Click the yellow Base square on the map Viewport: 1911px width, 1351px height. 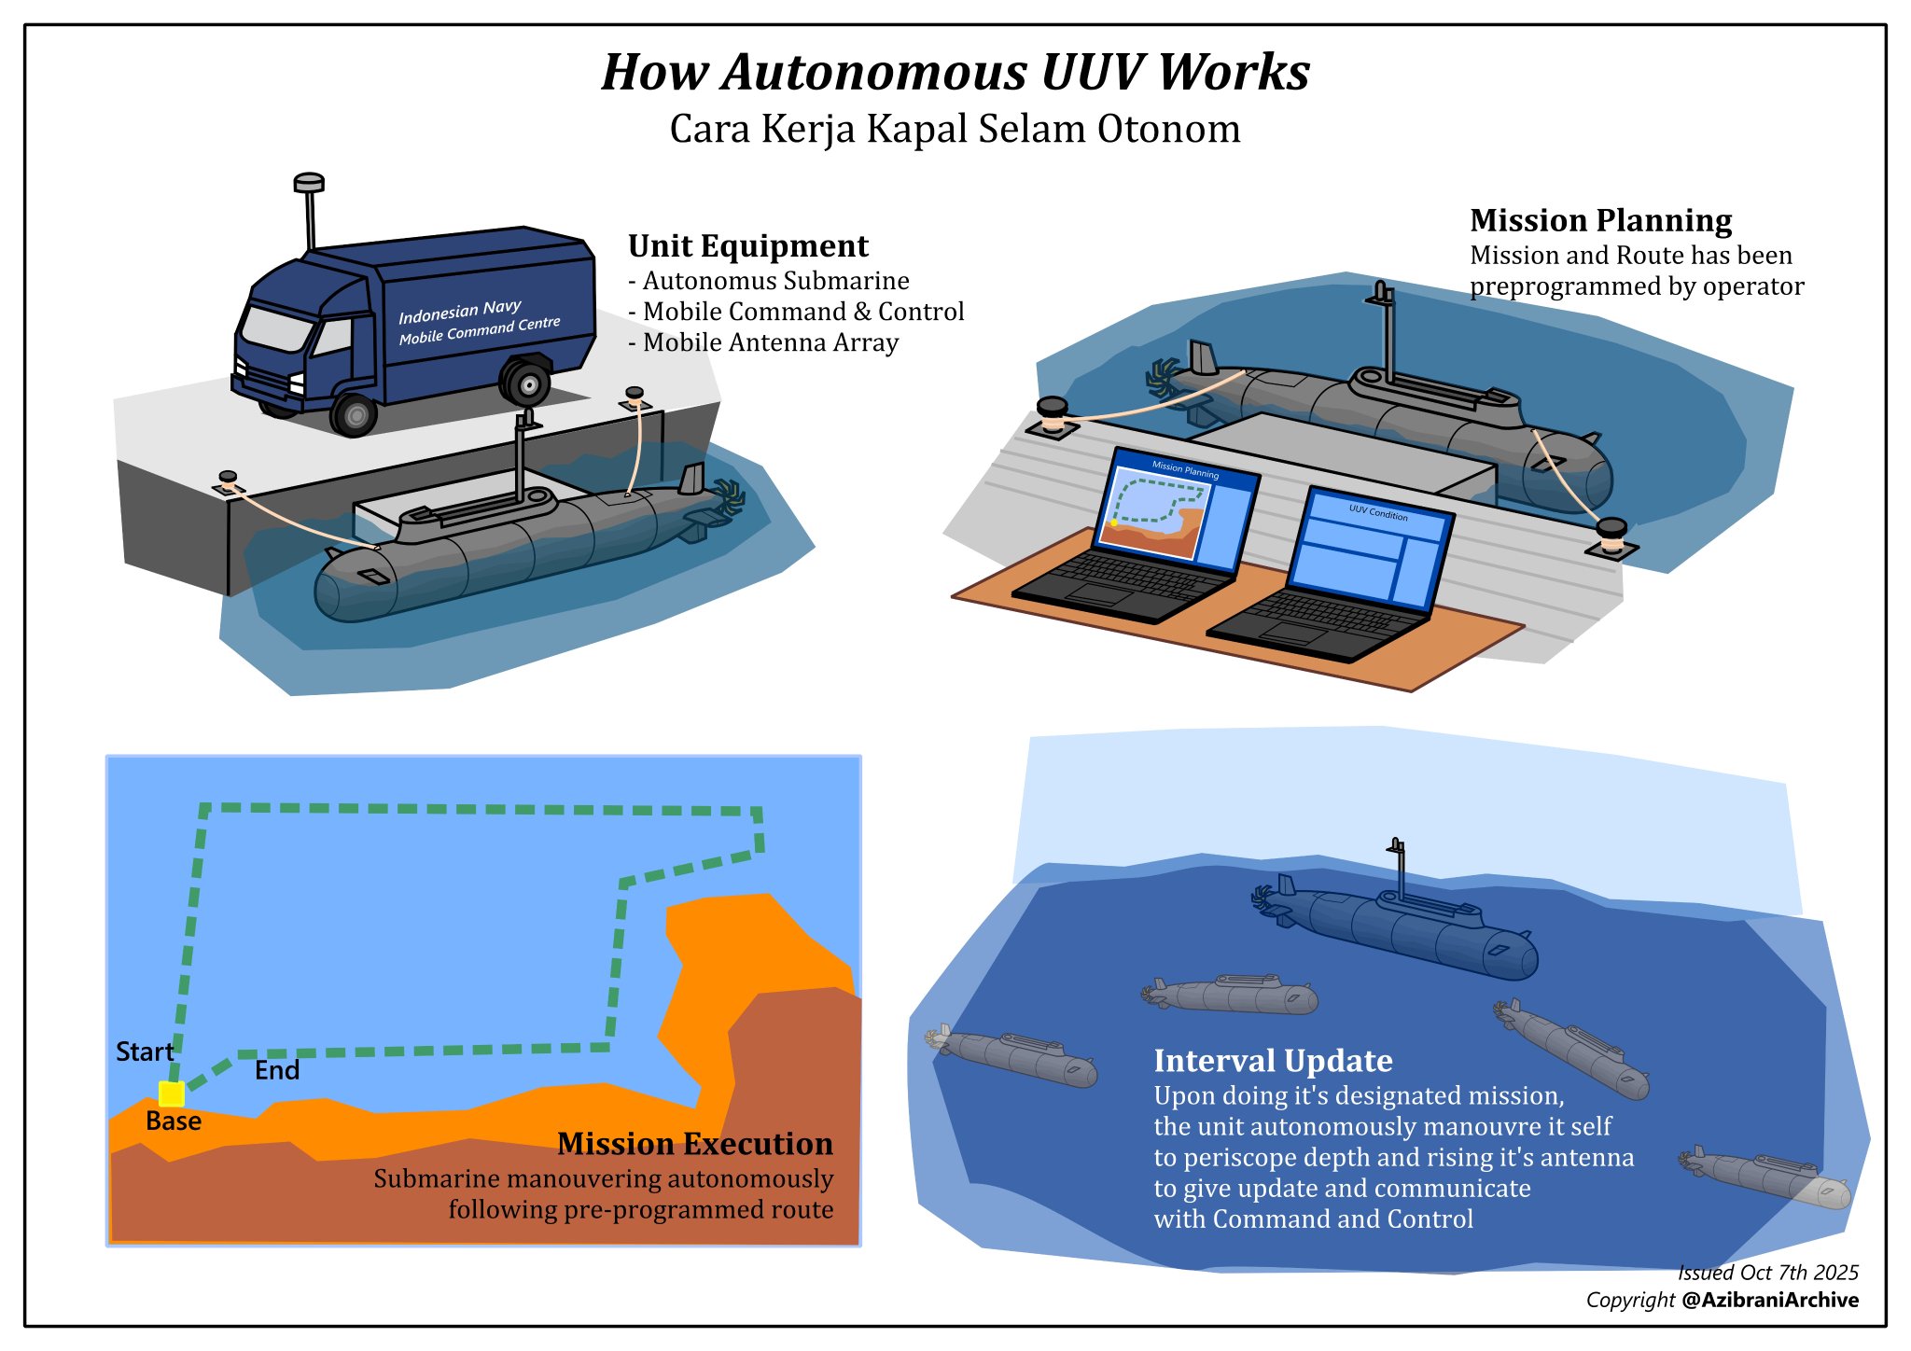pyautogui.click(x=172, y=1093)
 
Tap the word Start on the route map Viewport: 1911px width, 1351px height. pyautogui.click(x=145, y=1052)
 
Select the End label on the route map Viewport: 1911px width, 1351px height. pyautogui.click(x=277, y=1071)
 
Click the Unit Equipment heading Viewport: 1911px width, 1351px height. pyautogui.click(x=747, y=246)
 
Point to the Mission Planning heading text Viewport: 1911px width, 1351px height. pyautogui.click(x=1600, y=221)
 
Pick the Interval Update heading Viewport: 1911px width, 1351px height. pyautogui.click(x=1273, y=1062)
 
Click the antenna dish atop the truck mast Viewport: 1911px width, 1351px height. pyautogui.click(x=309, y=181)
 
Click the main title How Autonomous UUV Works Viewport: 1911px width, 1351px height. pyautogui.click(x=955, y=73)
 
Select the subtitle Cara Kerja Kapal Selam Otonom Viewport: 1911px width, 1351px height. pyautogui.click(x=955, y=130)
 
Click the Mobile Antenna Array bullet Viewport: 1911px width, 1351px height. pyautogui.click(x=763, y=343)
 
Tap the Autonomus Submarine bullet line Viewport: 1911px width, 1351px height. pyautogui.click(x=769, y=282)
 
